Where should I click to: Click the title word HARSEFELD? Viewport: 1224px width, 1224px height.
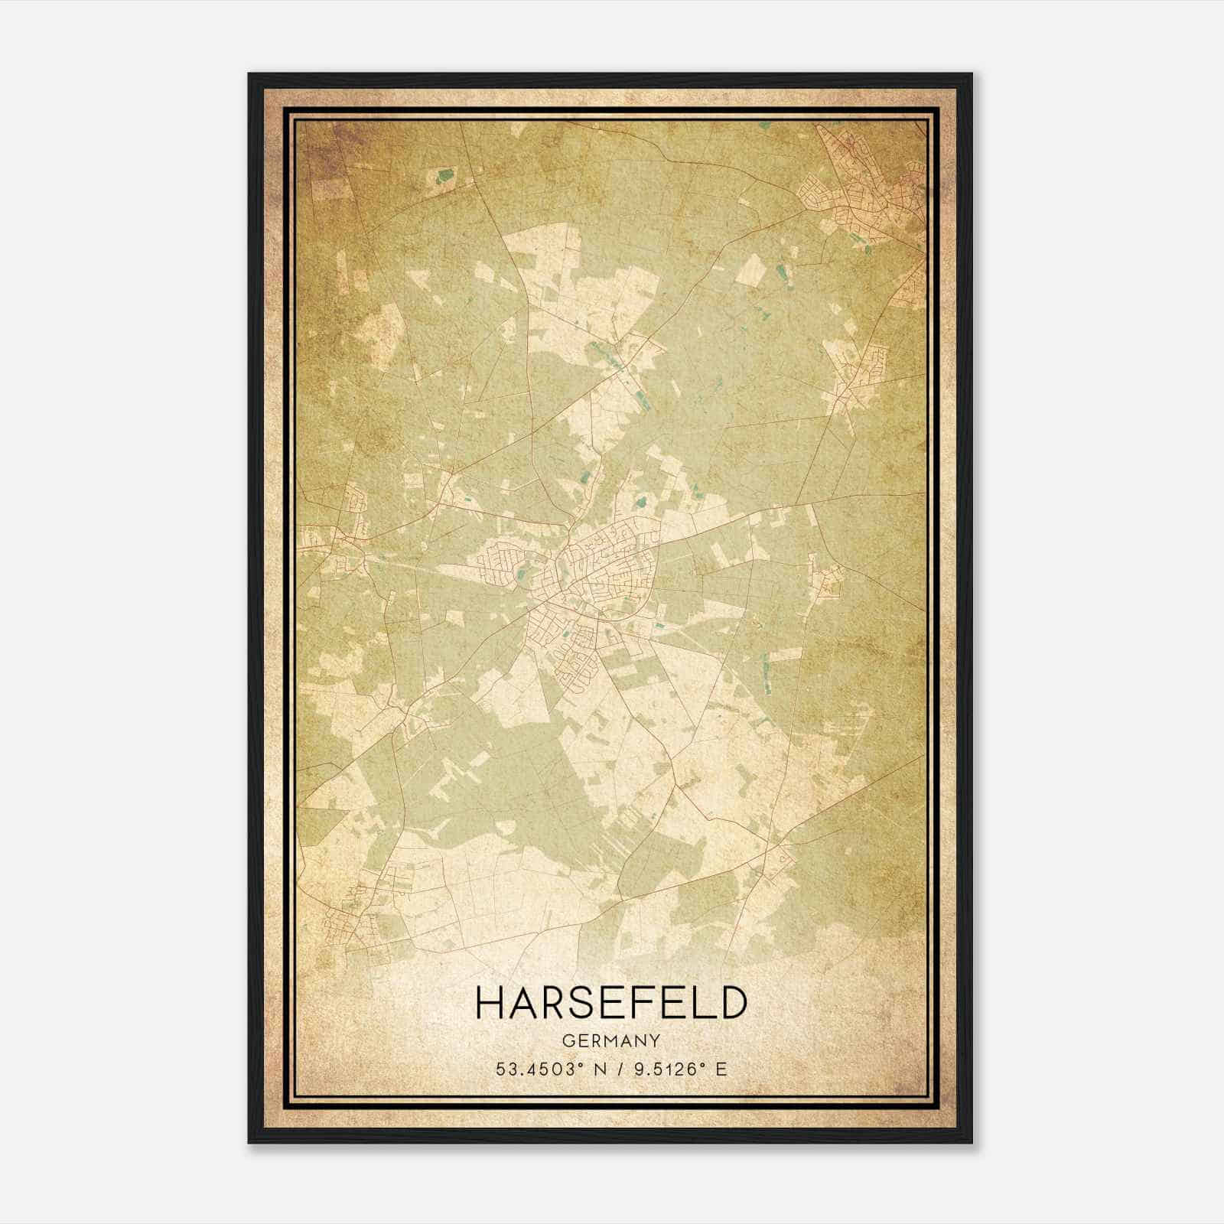click(610, 1002)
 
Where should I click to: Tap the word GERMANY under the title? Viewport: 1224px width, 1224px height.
click(610, 1041)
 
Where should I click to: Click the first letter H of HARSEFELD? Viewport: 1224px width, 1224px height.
click(489, 1002)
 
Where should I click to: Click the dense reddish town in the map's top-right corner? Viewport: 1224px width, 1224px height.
click(872, 184)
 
